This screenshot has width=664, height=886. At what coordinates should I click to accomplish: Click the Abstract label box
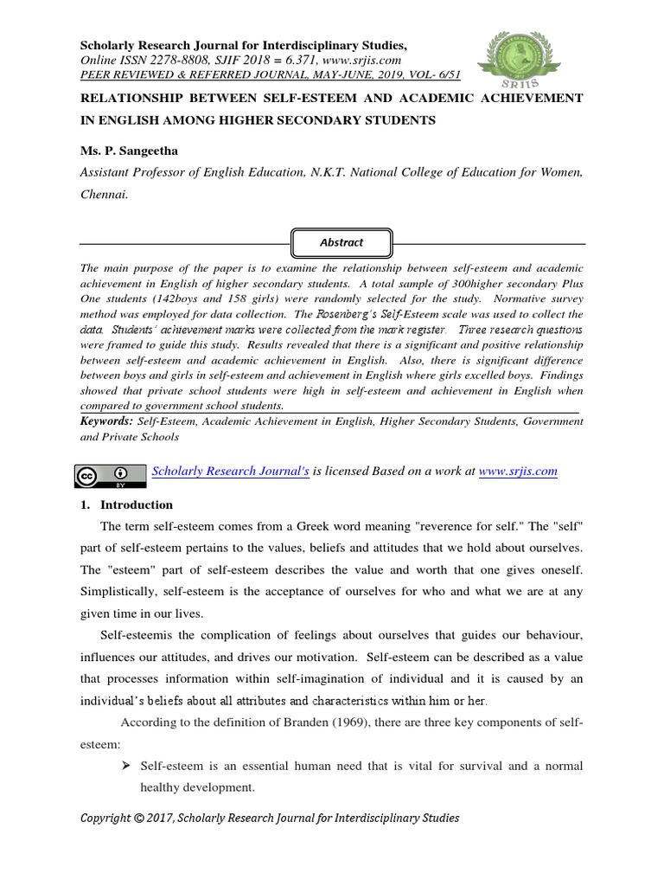[x=342, y=242]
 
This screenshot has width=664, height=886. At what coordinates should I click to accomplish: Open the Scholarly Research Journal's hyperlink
[x=230, y=472]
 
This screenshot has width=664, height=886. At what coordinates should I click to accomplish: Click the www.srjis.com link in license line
[x=517, y=472]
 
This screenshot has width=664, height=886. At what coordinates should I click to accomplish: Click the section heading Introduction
[x=137, y=504]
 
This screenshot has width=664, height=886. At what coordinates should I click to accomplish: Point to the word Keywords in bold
[x=105, y=421]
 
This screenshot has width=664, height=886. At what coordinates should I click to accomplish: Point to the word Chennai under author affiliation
[x=103, y=195]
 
